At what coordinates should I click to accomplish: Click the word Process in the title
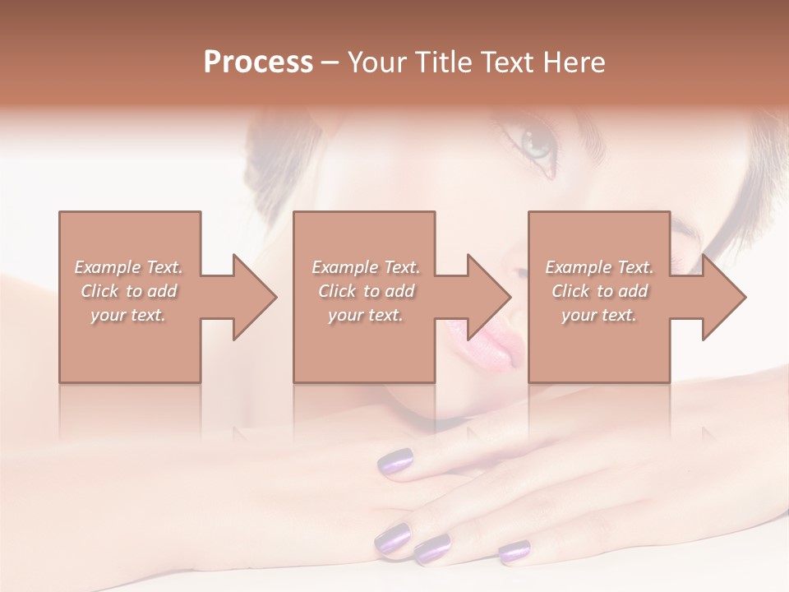tap(258, 62)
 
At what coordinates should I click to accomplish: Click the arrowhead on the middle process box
tap(487, 297)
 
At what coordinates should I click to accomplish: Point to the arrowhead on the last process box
tap(722, 297)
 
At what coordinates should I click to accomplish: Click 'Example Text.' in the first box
tap(129, 267)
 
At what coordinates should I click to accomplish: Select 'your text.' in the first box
tap(128, 315)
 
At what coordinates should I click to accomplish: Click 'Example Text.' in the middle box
tap(366, 267)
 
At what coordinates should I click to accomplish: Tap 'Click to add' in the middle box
tap(366, 291)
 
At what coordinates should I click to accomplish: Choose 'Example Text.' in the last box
tap(599, 267)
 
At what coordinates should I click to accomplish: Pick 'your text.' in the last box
tap(599, 315)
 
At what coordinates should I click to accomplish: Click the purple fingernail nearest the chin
tap(394, 461)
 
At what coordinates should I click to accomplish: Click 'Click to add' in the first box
tap(129, 291)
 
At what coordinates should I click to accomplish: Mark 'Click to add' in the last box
tap(599, 291)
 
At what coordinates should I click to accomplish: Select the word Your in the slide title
tap(378, 62)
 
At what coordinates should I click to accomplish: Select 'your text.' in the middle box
tap(366, 315)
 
